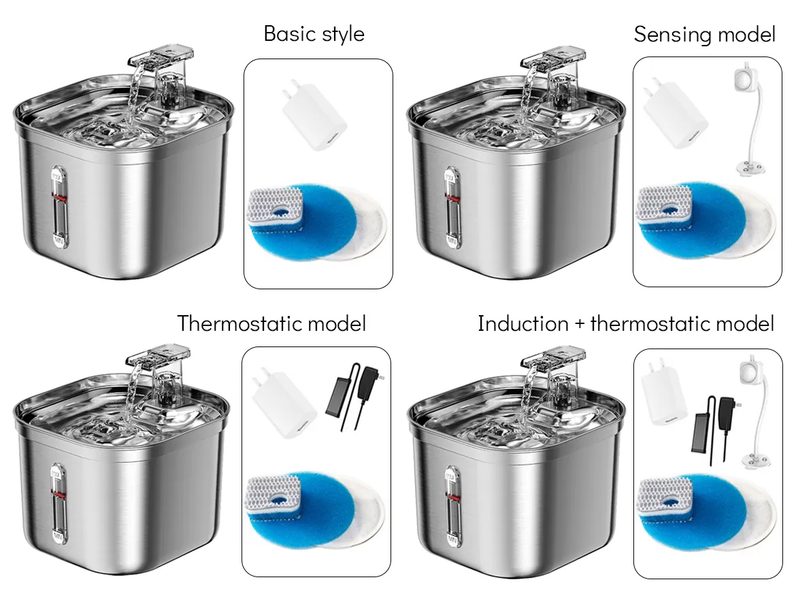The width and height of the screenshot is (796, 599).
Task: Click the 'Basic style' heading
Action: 314,34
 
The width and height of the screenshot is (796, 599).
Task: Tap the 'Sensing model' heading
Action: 705,34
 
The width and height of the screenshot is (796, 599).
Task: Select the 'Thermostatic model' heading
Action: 271,323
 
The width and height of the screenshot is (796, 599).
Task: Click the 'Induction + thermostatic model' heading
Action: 626,323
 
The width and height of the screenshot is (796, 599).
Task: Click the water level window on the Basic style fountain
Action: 59,208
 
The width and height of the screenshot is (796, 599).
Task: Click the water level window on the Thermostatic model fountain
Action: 59,506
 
